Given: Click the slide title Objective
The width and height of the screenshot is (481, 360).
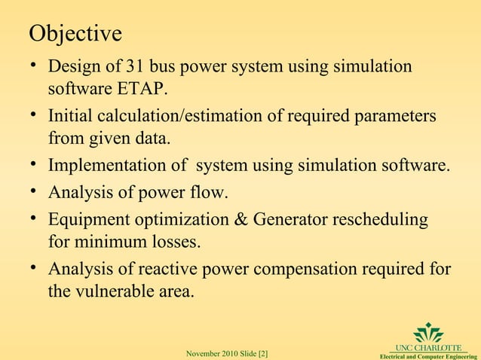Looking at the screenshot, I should [x=75, y=34].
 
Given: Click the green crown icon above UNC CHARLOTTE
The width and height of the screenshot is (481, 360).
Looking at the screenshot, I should [x=428, y=332].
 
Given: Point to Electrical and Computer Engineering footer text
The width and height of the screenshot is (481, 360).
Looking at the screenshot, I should [x=427, y=355].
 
